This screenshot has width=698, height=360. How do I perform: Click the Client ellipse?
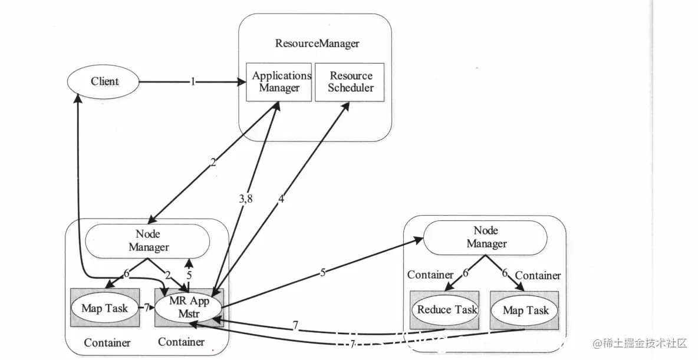104,82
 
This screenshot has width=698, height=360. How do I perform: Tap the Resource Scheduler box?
350,82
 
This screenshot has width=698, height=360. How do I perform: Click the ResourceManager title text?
317,43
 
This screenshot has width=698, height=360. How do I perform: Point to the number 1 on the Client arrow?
192,82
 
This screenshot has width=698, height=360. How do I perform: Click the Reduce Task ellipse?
446,310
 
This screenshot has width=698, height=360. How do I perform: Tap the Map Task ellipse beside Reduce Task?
525,311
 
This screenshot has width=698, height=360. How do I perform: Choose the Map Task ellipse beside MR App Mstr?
104,308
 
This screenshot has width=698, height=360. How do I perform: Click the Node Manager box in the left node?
148,240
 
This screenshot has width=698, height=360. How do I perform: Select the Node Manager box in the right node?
487,237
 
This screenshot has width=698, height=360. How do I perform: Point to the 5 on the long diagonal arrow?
322,272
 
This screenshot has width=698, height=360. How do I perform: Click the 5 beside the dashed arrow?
189,275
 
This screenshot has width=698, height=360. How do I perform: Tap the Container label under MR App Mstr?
182,342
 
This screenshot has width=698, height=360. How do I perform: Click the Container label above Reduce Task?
430,275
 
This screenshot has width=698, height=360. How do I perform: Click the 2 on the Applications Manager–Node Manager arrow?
213,163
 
